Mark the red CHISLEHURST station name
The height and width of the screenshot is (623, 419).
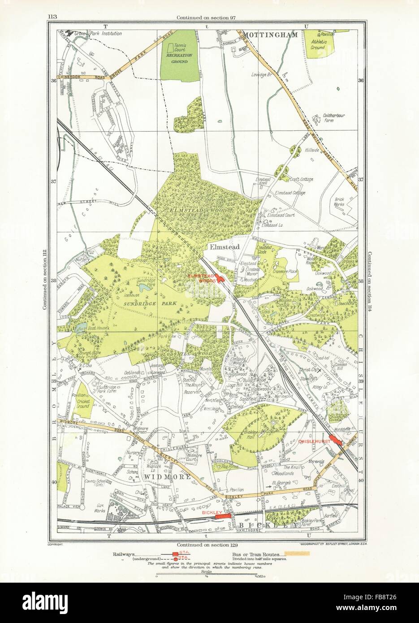pyautogui.click(x=311, y=441)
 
